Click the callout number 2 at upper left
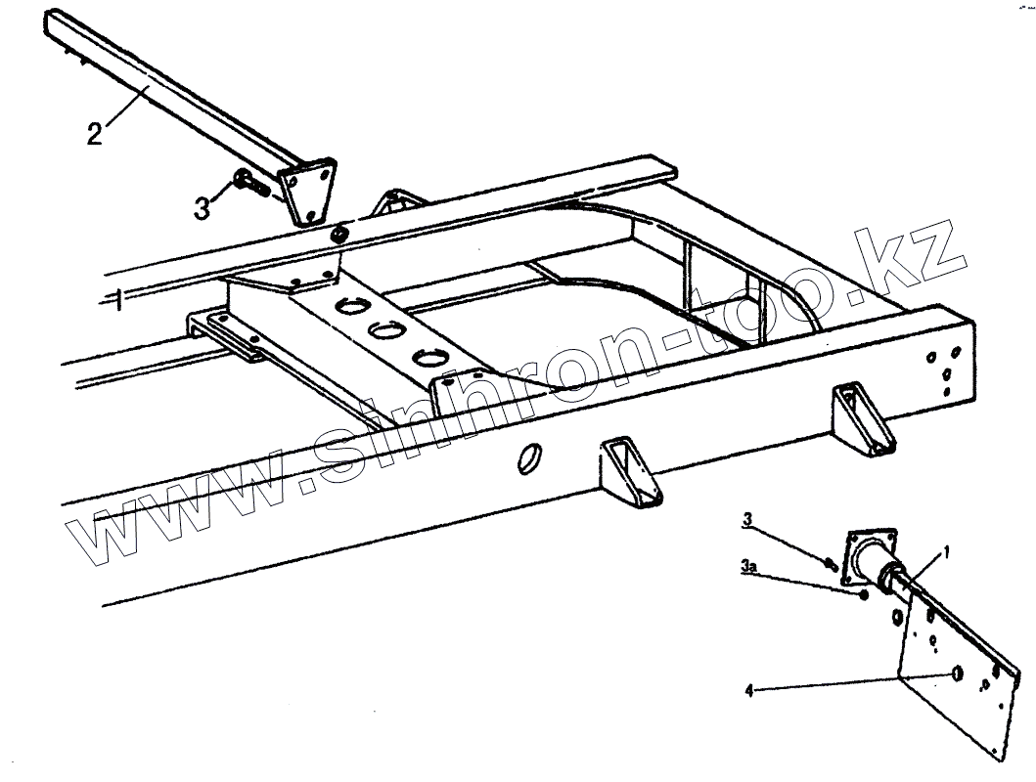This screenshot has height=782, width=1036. (95, 134)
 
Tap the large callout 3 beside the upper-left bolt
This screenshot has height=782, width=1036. (203, 208)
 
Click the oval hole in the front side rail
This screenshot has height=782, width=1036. (528, 456)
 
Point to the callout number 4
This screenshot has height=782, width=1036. (749, 691)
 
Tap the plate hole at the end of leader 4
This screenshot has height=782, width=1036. (957, 674)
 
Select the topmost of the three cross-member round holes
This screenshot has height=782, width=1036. (346, 307)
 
